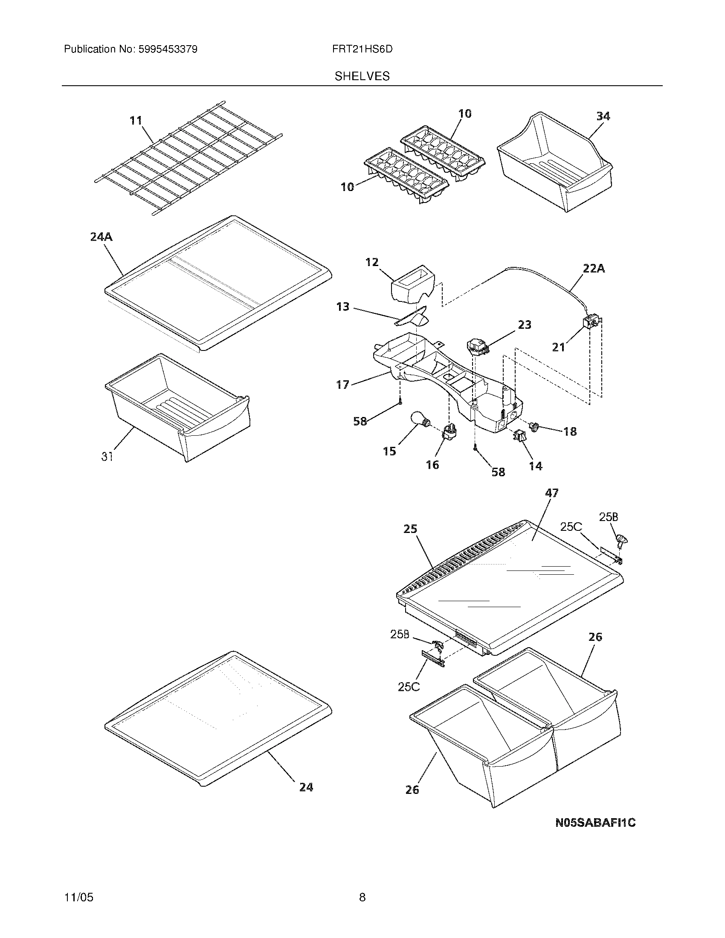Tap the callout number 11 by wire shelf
[x=136, y=121]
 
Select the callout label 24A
[x=101, y=237]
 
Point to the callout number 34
[x=603, y=116]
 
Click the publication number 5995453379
[x=168, y=49]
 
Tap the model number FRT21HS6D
[x=362, y=49]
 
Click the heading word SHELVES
[x=362, y=76]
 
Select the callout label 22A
[x=594, y=269]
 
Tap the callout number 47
[x=551, y=493]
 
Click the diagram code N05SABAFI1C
[x=595, y=823]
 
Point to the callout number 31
[x=107, y=457]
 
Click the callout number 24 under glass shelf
[x=306, y=787]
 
